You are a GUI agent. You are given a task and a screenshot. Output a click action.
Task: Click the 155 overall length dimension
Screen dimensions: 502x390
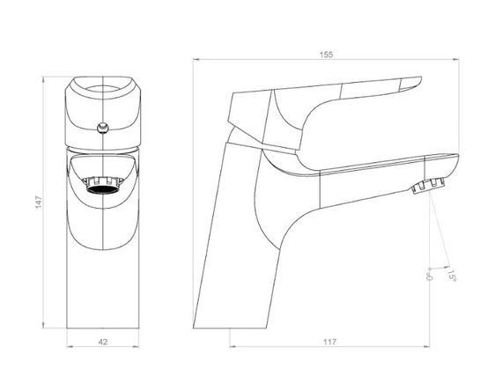(x=326, y=55)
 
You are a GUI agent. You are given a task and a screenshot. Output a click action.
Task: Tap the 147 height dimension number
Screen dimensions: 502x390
(x=39, y=202)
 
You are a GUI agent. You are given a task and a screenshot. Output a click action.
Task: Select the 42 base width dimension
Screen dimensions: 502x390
(x=103, y=342)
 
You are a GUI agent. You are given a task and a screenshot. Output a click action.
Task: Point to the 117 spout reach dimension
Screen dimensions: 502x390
(x=329, y=342)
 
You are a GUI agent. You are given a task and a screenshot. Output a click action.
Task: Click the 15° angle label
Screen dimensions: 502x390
(x=452, y=276)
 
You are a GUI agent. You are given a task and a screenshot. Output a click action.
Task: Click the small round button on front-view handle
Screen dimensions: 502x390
(x=103, y=128)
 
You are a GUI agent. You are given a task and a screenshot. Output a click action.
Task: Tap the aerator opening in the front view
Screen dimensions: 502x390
(x=103, y=189)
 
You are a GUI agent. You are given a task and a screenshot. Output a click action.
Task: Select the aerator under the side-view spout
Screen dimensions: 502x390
(x=429, y=186)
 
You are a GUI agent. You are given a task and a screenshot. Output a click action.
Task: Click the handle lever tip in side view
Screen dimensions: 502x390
(x=419, y=79)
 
